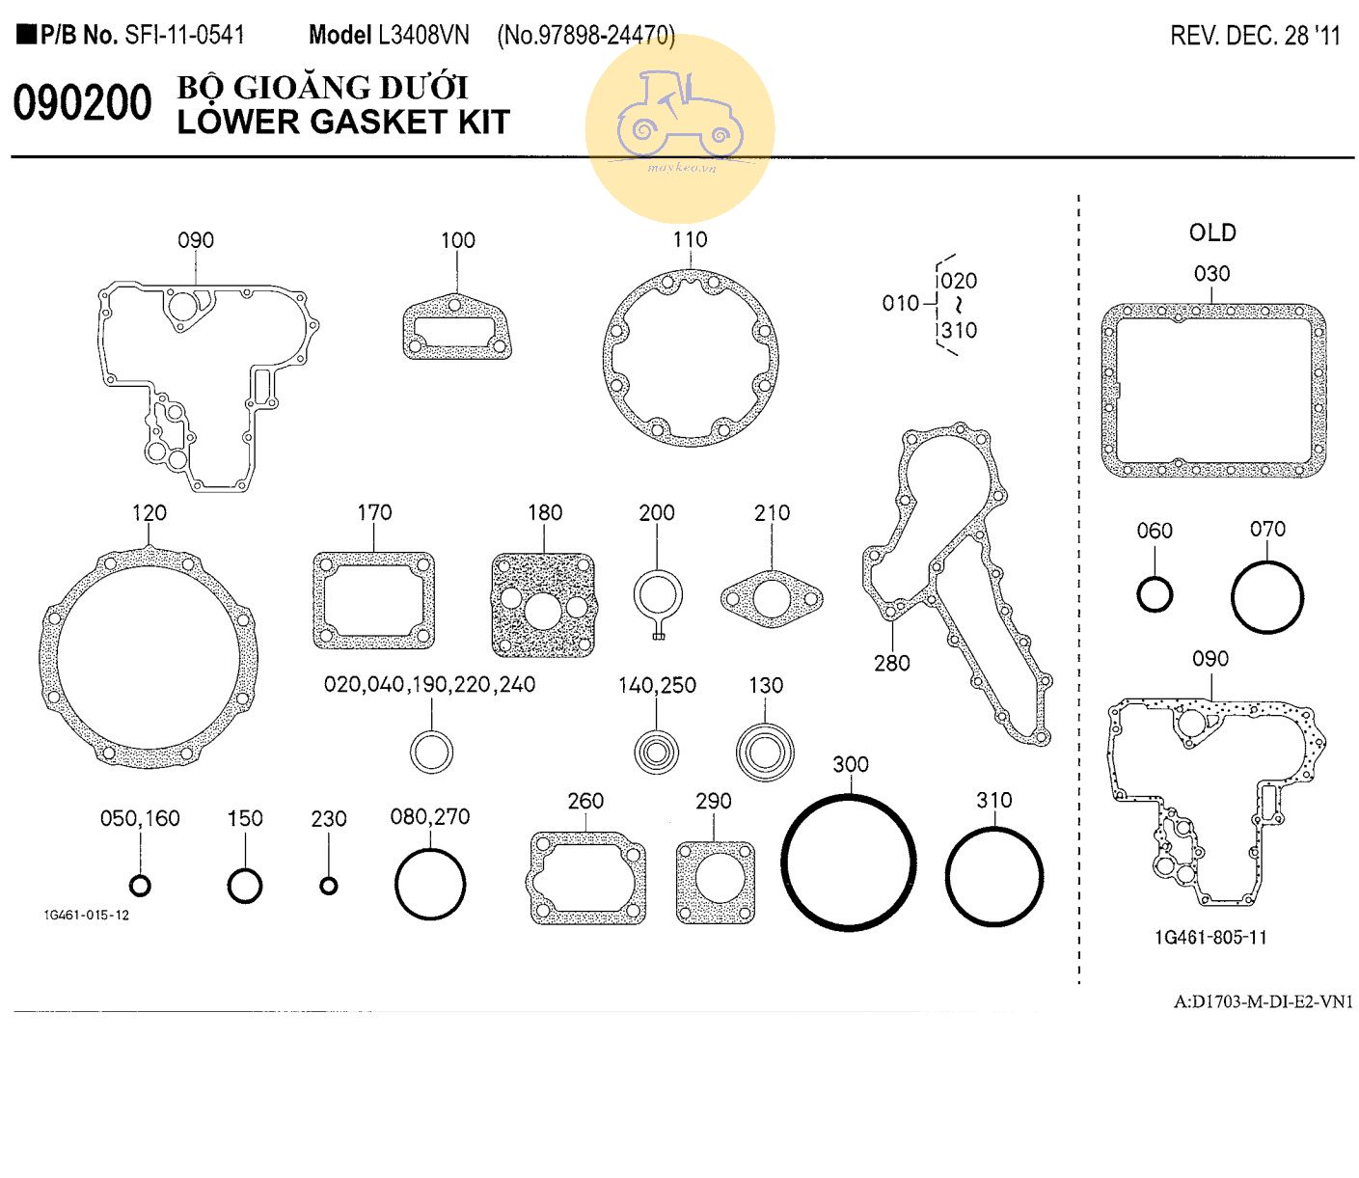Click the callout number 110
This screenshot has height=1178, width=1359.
[690, 239]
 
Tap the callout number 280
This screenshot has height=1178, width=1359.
[891, 663]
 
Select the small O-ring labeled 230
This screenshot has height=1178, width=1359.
[329, 886]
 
